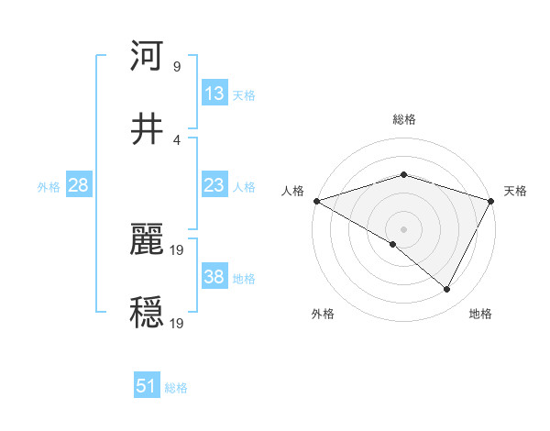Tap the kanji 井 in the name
coord(148,130)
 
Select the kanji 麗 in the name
coord(148,240)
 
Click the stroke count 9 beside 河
coord(177,66)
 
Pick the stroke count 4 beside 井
coord(177,140)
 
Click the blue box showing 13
coord(214,94)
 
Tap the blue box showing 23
coord(214,185)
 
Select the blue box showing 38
coord(214,277)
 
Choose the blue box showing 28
coord(79,185)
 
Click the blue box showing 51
coord(147,386)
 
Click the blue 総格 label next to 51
coord(176,388)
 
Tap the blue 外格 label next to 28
coord(49,187)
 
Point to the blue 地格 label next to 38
coord(245,279)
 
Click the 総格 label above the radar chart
coord(403,120)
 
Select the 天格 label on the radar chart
coord(515,191)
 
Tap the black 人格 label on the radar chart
coord(292,191)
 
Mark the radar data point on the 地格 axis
coord(447,290)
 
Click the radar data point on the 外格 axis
coord(393,244)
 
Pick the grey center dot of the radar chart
coord(403,228)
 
